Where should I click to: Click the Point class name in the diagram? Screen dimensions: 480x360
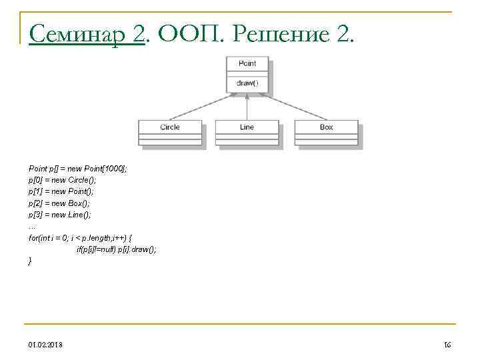[x=247, y=63]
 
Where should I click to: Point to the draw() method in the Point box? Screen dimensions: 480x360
[x=247, y=85]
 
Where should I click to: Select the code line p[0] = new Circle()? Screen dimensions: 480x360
[x=63, y=180]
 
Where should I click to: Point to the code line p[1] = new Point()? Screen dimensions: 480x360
[x=61, y=191]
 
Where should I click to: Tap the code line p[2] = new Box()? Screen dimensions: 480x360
[x=59, y=203]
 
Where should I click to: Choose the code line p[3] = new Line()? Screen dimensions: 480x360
[x=60, y=214]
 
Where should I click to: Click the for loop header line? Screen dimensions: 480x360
[x=83, y=237]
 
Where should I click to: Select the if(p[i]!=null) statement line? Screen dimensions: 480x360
[x=117, y=249]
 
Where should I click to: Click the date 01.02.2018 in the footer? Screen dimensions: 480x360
[x=46, y=344]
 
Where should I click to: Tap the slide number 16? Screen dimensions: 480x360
[x=447, y=344]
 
